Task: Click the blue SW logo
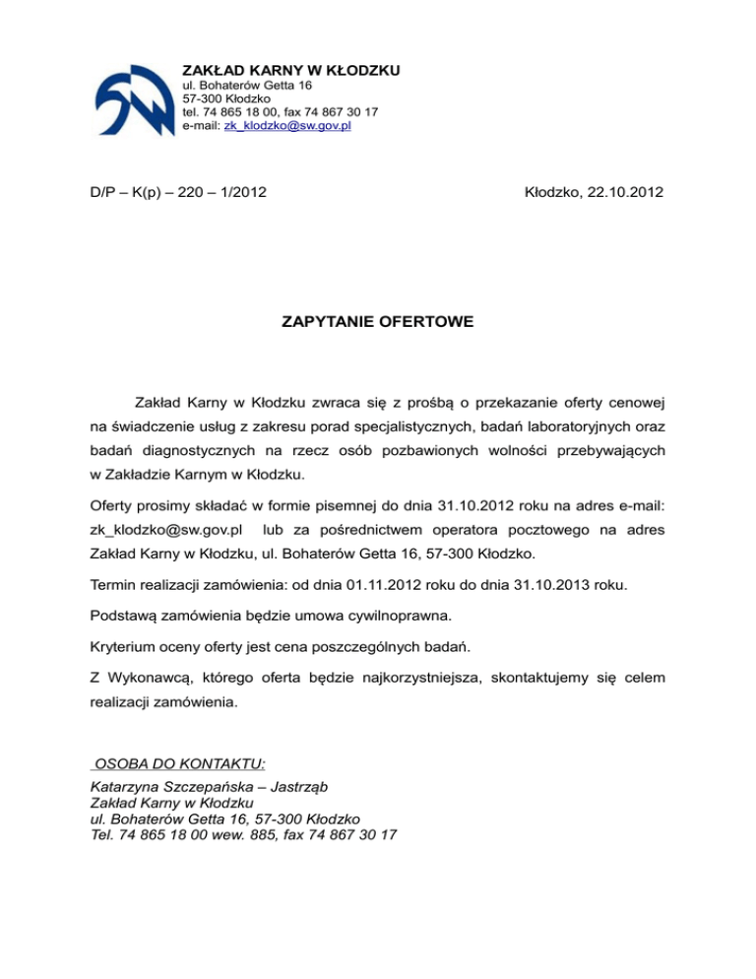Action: (132, 99)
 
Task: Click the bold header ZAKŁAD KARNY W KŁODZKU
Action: (291, 70)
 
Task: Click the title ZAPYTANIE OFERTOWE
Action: (377, 320)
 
